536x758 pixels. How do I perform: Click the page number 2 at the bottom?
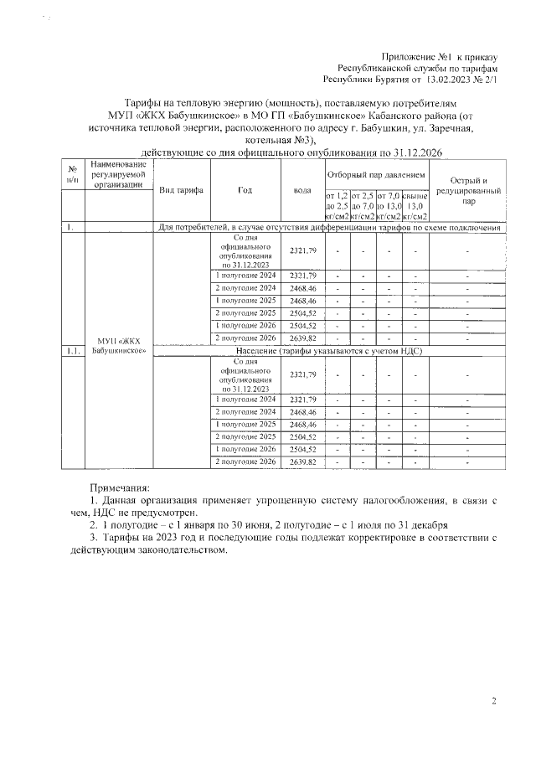click(x=494, y=701)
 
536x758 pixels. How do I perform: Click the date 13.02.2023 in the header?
click(x=449, y=81)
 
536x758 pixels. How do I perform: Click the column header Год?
click(x=245, y=190)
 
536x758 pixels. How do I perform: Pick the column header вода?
click(x=302, y=190)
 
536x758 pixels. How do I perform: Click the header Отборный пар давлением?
click(x=376, y=174)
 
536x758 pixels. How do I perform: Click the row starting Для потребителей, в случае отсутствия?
click(x=330, y=227)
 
